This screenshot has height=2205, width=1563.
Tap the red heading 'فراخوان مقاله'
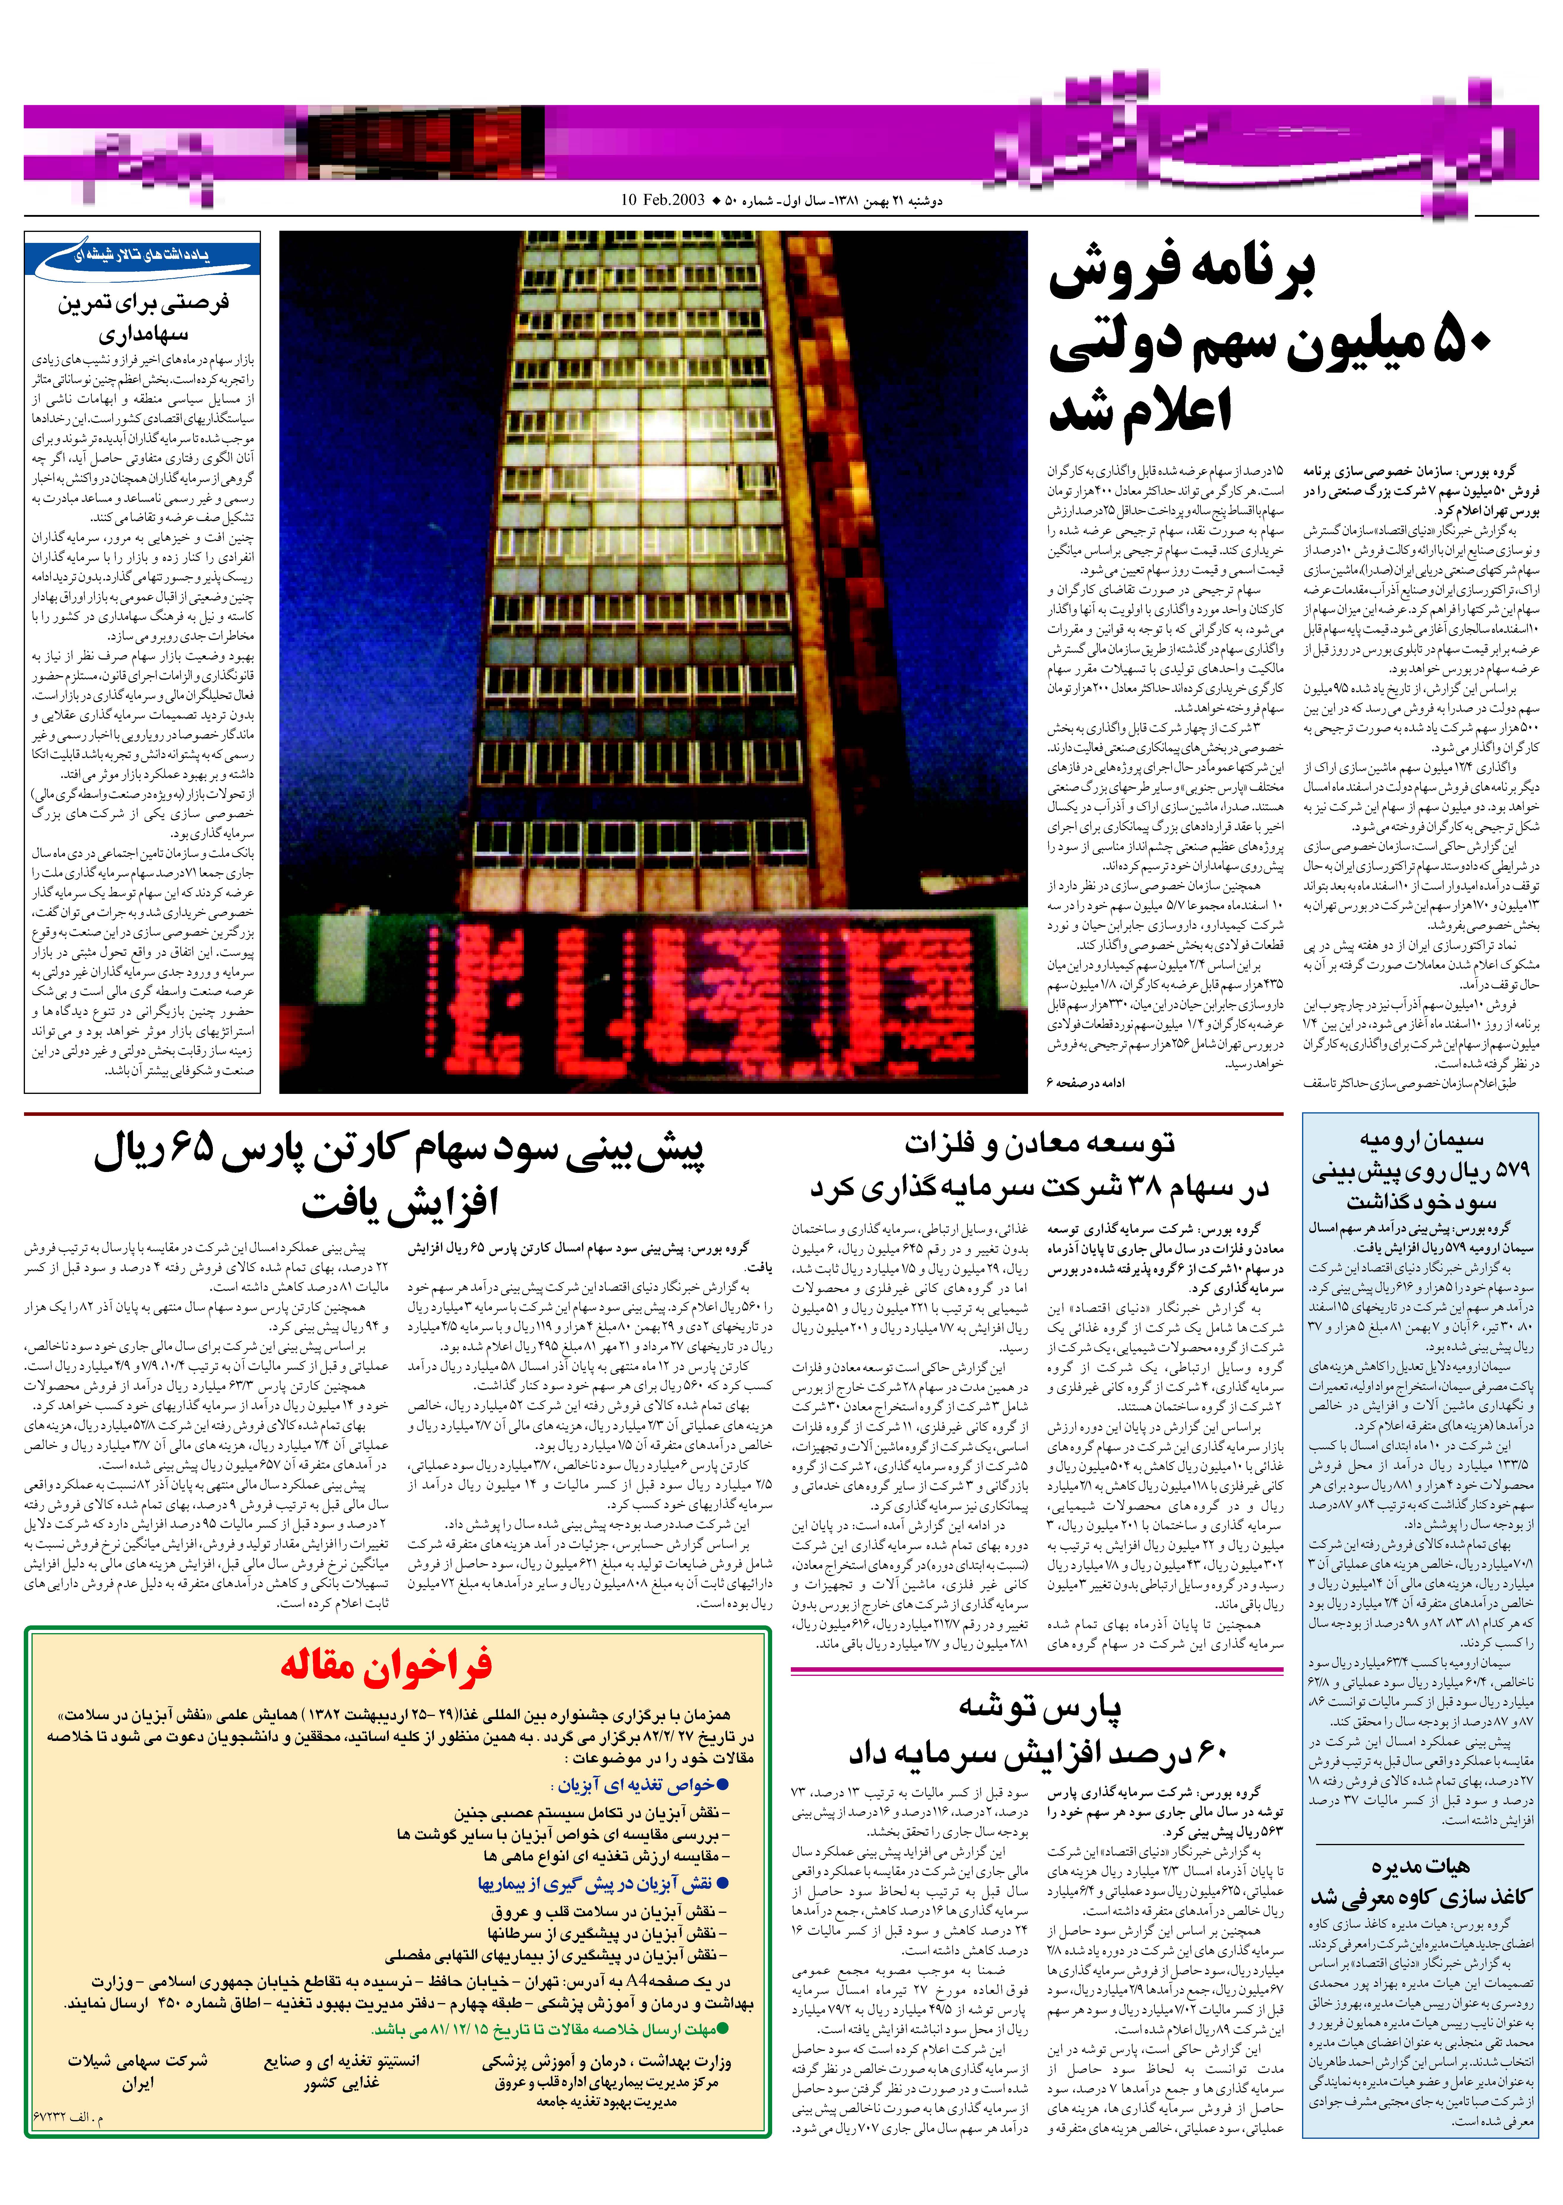tap(386, 1664)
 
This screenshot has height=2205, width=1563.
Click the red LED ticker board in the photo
tap(655, 1001)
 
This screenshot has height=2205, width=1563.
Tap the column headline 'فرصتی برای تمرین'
tap(143, 302)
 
